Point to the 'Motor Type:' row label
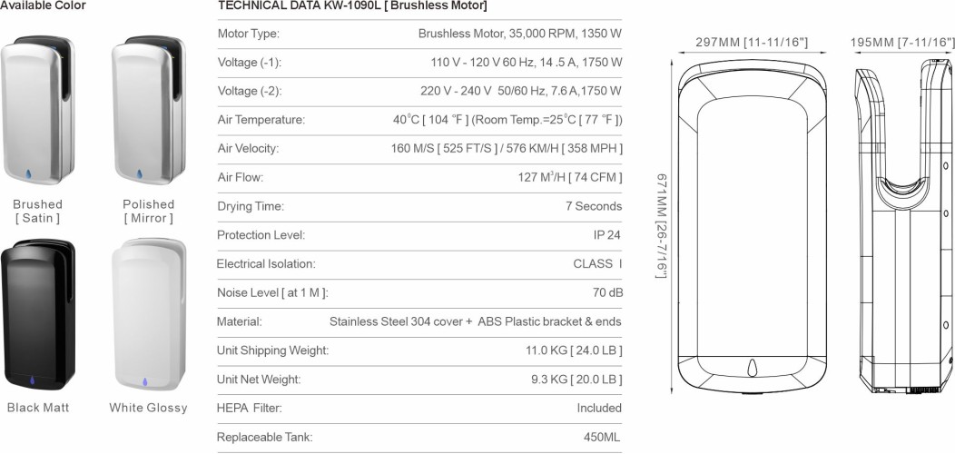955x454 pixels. click(x=249, y=34)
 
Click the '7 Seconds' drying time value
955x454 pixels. click(x=594, y=206)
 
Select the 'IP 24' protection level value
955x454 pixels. click(x=606, y=235)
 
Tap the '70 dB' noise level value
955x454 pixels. click(x=607, y=292)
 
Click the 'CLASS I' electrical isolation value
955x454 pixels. click(x=597, y=264)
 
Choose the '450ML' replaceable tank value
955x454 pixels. click(x=602, y=437)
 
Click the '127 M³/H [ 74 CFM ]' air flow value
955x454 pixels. click(x=569, y=178)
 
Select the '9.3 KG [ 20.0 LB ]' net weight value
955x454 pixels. click(x=574, y=379)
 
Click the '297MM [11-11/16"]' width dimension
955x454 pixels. click(x=752, y=43)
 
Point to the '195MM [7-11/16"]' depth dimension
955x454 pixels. click(x=902, y=43)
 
